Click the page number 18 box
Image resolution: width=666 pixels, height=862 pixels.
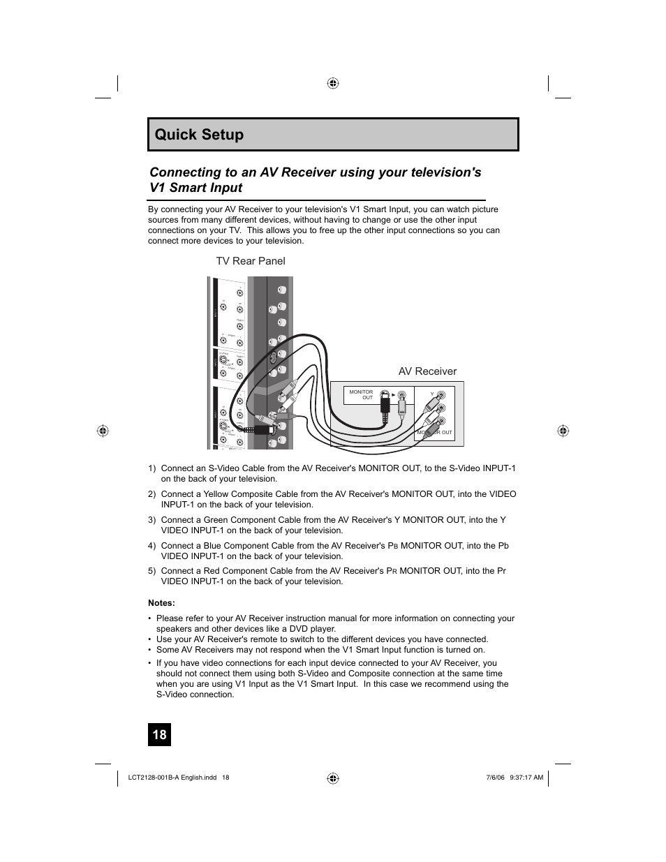pyautogui.click(x=159, y=734)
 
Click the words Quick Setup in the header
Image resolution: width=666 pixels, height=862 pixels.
pyautogui.click(x=200, y=135)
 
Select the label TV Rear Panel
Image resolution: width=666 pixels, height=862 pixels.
pyautogui.click(x=250, y=261)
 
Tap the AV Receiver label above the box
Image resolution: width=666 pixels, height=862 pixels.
pyautogui.click(x=427, y=371)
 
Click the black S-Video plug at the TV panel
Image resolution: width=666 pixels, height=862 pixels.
pyautogui.click(x=263, y=430)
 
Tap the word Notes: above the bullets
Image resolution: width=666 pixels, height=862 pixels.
pyautogui.click(x=161, y=603)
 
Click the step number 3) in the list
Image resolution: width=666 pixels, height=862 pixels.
pyautogui.click(x=151, y=520)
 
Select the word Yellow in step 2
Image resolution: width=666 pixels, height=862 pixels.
pyautogui.click(x=217, y=494)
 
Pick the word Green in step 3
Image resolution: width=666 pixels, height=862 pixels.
pyautogui.click(x=216, y=520)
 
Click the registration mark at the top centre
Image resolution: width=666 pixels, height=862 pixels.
pyautogui.click(x=333, y=83)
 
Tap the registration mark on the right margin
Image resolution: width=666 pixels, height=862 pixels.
pyautogui.click(x=563, y=431)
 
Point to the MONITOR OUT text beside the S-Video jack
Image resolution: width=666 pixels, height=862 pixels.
pyautogui.click(x=362, y=394)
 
